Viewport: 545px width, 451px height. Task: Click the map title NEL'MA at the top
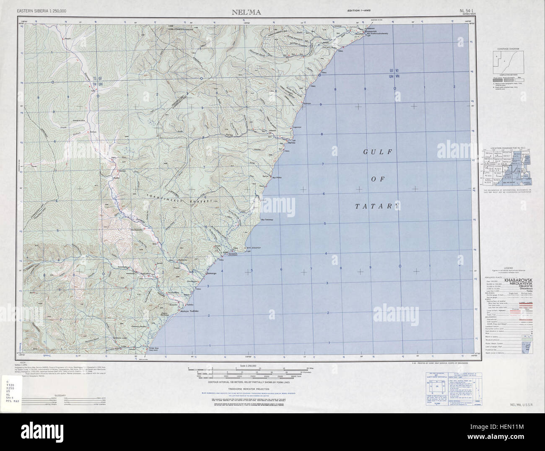click(246, 12)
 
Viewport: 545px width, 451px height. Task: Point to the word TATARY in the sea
click(376, 206)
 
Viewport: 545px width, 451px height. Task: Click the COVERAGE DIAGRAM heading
click(508, 49)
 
